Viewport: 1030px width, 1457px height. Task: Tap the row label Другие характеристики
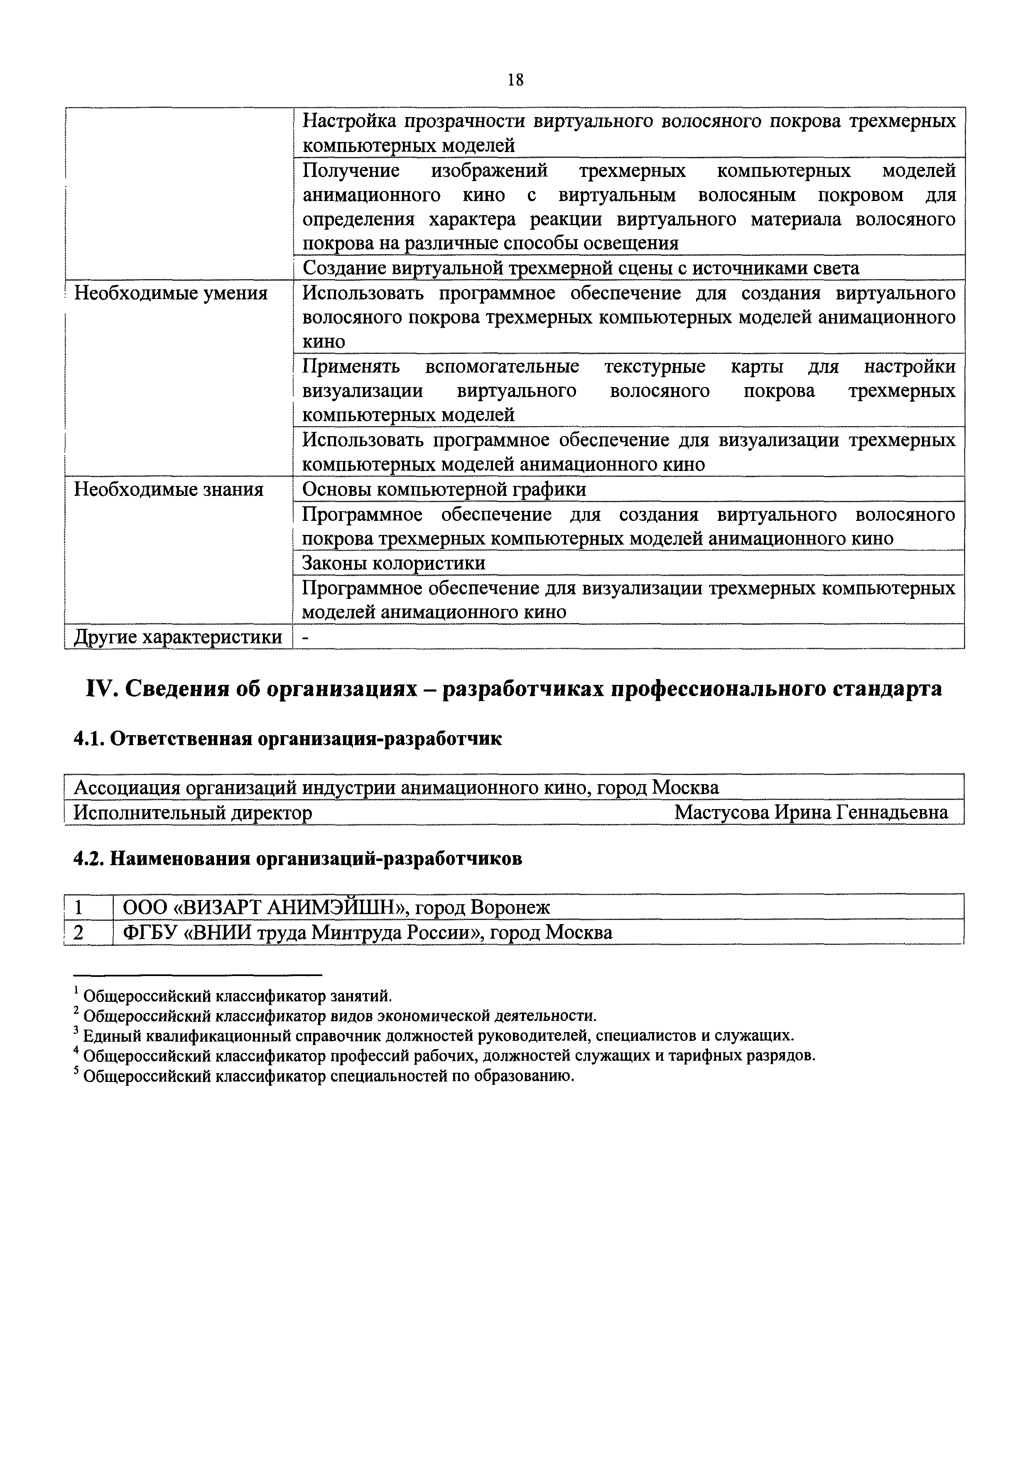pos(178,636)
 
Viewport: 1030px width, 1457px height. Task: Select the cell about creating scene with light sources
pos(580,268)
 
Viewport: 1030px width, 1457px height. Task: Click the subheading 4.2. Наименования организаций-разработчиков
pos(298,859)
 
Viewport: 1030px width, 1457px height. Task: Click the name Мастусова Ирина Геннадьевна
pos(811,812)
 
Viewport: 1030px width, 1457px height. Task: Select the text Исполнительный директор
pos(193,813)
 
